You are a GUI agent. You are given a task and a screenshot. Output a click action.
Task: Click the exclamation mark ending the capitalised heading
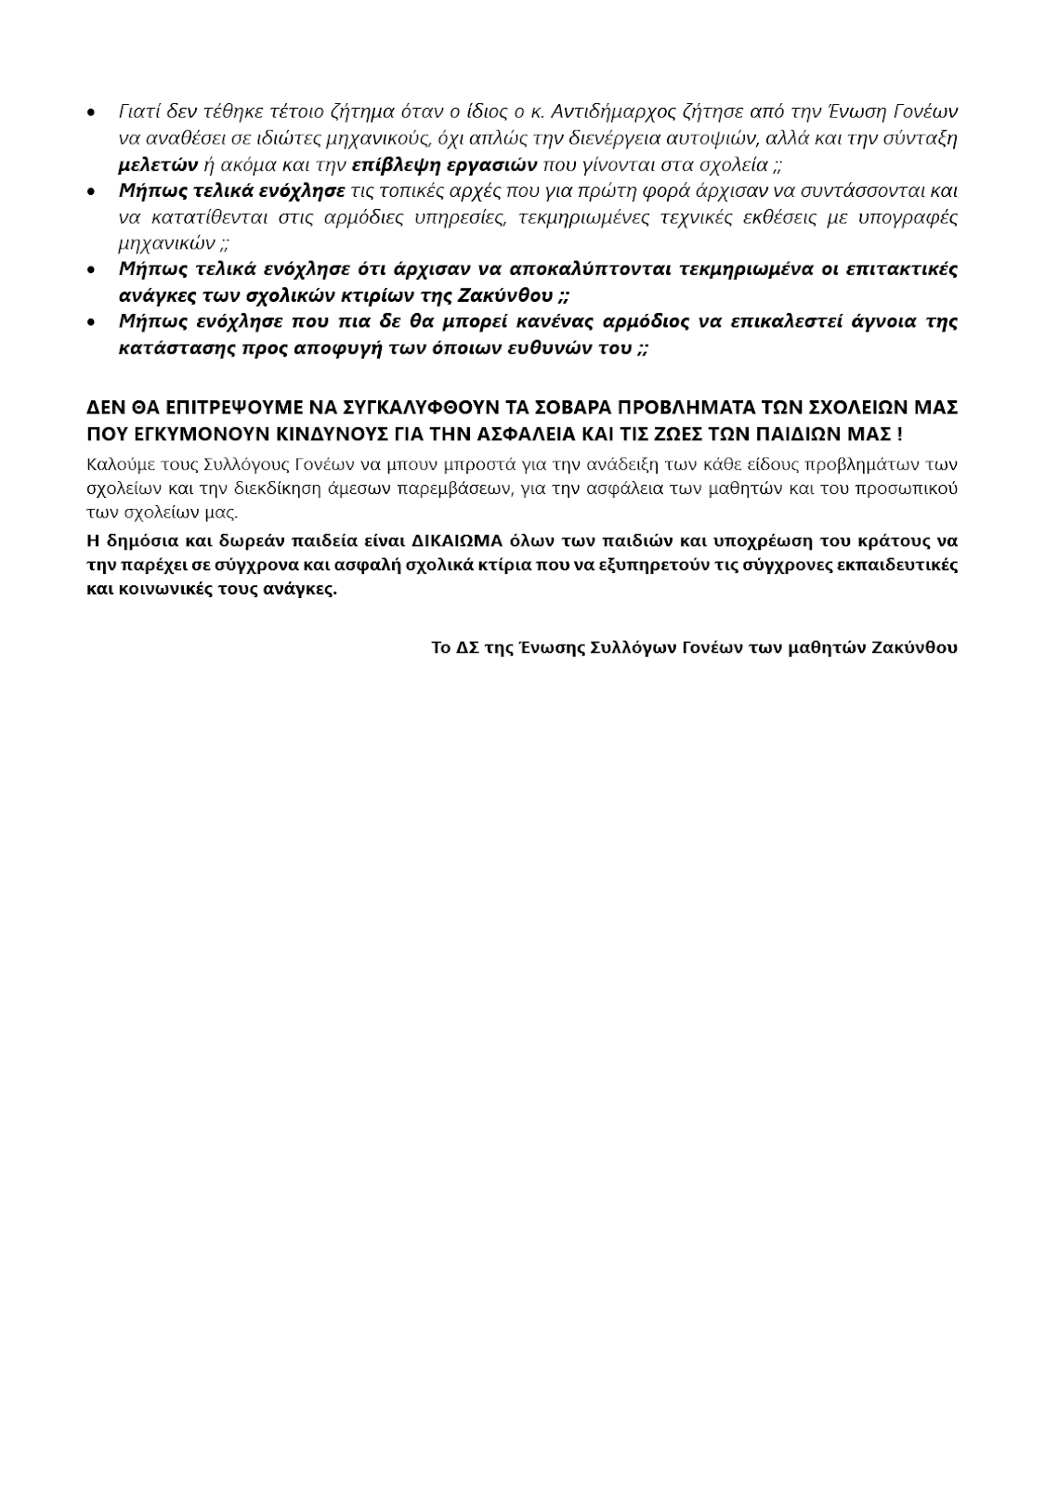click(x=899, y=434)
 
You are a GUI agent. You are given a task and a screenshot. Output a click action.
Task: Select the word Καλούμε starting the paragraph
click(x=119, y=463)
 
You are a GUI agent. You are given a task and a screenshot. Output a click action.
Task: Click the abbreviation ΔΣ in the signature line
click(x=467, y=647)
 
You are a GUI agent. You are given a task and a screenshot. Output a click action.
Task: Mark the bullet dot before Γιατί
click(x=90, y=113)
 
